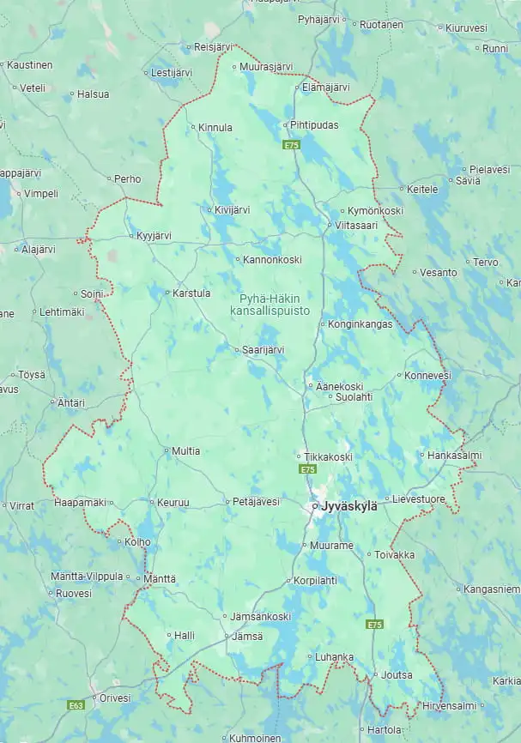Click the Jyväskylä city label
(348, 506)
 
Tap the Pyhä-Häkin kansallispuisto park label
(270, 305)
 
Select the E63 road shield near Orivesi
(76, 705)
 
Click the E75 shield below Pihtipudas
(292, 145)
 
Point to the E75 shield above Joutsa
(374, 625)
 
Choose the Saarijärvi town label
(264, 350)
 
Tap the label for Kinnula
(215, 128)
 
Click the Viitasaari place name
(355, 226)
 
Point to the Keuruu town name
(168, 502)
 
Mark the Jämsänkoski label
(260, 617)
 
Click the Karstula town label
(191, 293)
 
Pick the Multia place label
(185, 450)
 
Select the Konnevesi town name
(427, 376)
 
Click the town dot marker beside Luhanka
(310, 657)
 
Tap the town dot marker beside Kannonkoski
(238, 259)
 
